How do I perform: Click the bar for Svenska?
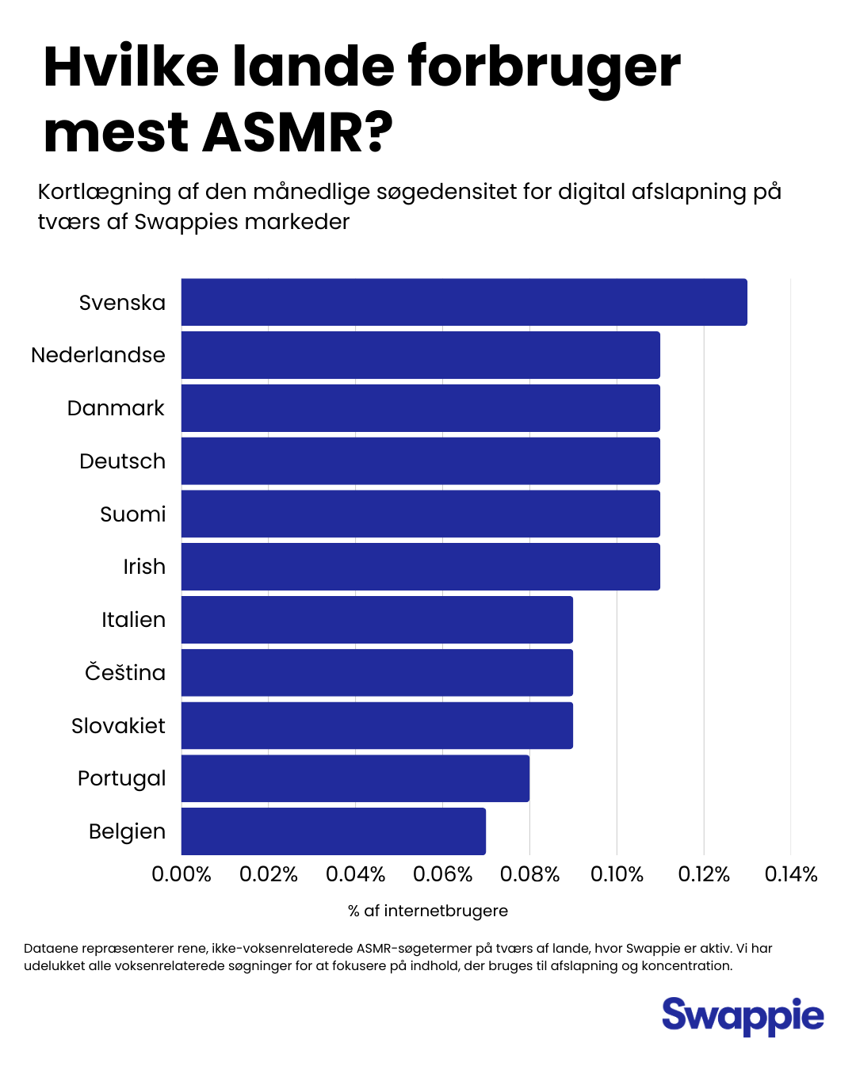[x=464, y=302]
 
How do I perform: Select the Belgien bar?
[x=333, y=831]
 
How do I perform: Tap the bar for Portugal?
[x=355, y=778]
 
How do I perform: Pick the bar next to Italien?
[x=376, y=620]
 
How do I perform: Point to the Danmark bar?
[x=420, y=408]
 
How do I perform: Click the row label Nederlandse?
[x=98, y=355]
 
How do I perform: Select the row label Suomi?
[x=133, y=514]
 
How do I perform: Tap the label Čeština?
[x=125, y=673]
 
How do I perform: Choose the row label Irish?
[x=144, y=567]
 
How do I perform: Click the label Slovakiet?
[x=119, y=726]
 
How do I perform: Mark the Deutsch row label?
[x=123, y=461]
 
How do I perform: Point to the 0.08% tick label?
[x=529, y=874]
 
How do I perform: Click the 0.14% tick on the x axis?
[x=791, y=874]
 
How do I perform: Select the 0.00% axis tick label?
[x=182, y=874]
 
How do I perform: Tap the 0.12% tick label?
[x=704, y=874]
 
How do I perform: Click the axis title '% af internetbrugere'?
[x=428, y=911]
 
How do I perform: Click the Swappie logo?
[x=743, y=1016]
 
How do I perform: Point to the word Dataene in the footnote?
[x=50, y=948]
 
